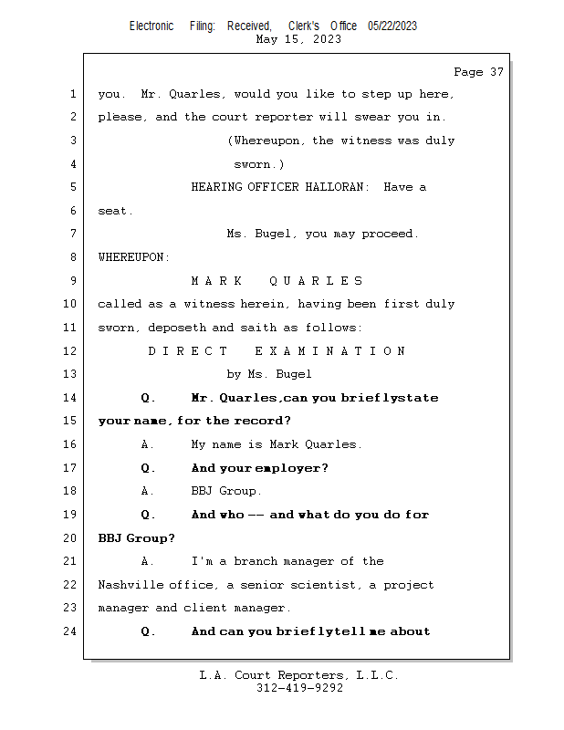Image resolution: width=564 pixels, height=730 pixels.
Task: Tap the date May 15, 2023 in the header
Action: coord(298,39)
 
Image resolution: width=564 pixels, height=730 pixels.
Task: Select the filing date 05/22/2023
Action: coord(392,26)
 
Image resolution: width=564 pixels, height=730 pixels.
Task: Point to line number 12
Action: coord(72,350)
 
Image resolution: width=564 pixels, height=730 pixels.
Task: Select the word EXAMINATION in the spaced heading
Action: coord(329,350)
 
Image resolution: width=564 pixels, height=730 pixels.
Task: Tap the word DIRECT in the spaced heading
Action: coord(188,350)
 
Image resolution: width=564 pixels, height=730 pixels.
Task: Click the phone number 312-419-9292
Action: coord(299,688)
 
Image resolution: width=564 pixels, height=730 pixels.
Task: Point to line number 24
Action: coord(72,631)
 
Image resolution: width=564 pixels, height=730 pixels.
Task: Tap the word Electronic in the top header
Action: coord(151,26)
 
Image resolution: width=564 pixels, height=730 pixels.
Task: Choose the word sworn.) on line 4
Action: coord(259,164)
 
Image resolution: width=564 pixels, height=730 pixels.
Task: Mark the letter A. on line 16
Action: coord(146,444)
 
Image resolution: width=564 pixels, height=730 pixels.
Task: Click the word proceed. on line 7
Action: coord(391,234)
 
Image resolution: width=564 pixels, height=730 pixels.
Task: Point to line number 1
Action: coord(72,94)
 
